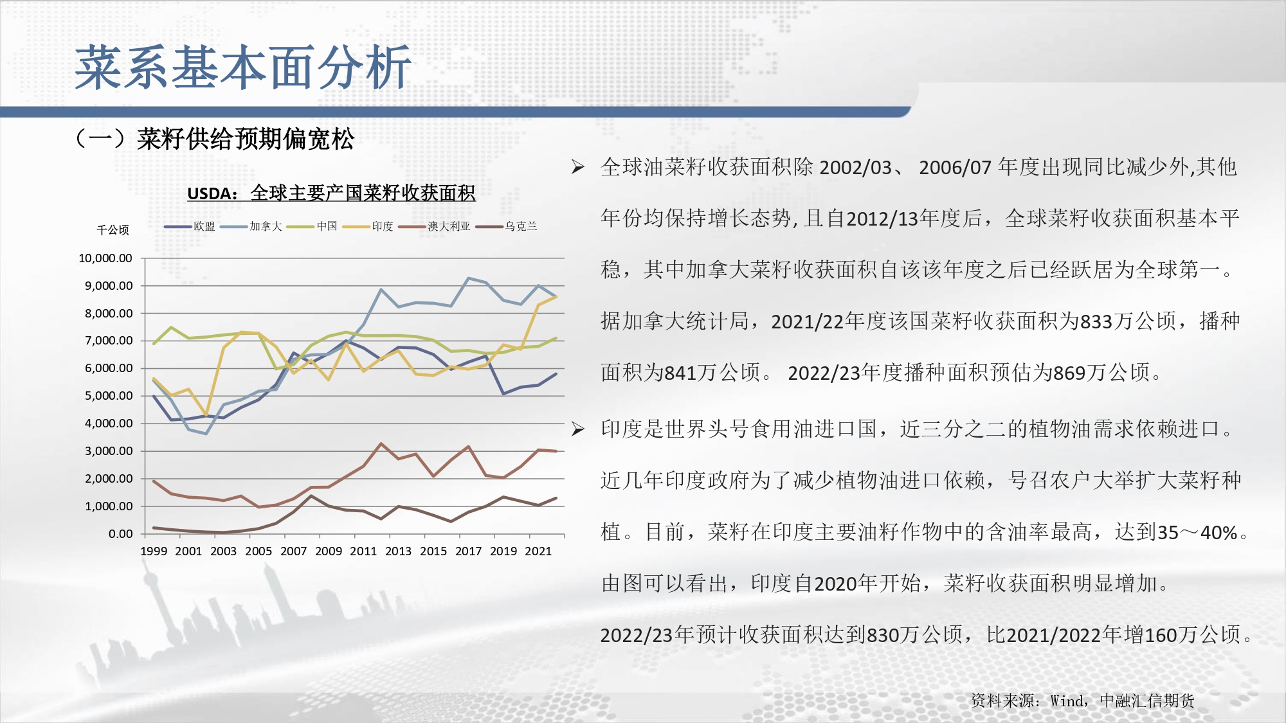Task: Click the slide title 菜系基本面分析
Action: (x=243, y=67)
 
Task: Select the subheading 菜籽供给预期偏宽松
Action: (x=245, y=139)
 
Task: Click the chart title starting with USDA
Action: (x=331, y=193)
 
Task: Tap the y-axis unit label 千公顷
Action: (x=113, y=229)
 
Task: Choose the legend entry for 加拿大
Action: (x=251, y=226)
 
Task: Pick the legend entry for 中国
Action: (x=312, y=226)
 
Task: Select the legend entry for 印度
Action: (x=368, y=226)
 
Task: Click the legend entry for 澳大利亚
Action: (x=435, y=226)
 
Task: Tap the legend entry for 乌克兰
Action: (x=507, y=226)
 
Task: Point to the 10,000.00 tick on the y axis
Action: (x=105, y=258)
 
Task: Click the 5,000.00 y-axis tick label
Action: (x=109, y=396)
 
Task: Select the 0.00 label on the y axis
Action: (x=120, y=534)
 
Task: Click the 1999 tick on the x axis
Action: (x=154, y=551)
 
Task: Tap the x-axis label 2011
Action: (x=363, y=551)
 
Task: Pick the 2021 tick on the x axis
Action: (x=538, y=551)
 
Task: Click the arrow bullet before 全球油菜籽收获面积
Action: (x=578, y=168)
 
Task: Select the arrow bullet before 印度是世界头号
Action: (x=578, y=429)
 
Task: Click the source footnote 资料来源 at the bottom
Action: (x=1083, y=701)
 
